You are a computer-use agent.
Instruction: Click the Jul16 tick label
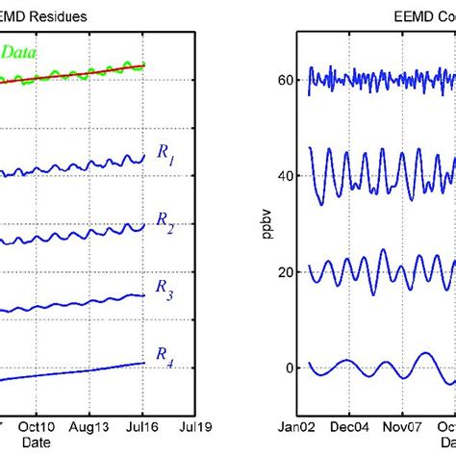click(x=144, y=423)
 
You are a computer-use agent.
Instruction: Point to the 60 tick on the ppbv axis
click(x=286, y=81)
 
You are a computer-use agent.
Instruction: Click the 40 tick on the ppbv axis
click(x=286, y=176)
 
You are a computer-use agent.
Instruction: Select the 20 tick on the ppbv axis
click(x=286, y=272)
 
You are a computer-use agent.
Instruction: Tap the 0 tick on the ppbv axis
click(x=290, y=367)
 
